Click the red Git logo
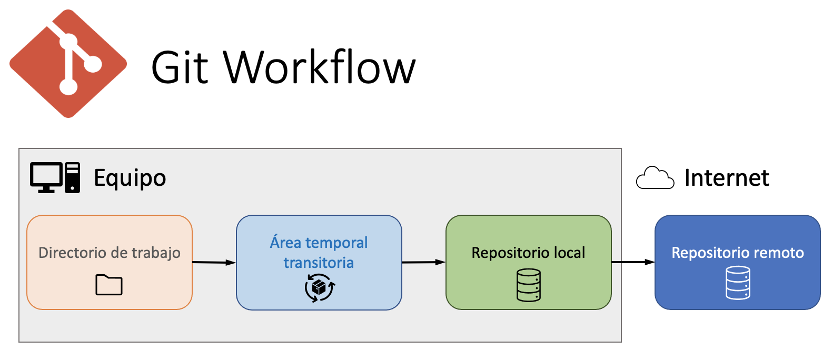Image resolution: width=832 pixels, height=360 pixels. [68, 64]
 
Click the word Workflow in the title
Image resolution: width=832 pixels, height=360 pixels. [320, 67]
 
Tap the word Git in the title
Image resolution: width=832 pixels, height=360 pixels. [180, 67]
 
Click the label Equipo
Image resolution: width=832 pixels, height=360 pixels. [130, 178]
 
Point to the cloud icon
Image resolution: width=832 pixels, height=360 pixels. [655, 178]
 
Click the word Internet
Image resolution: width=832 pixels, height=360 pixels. [726, 178]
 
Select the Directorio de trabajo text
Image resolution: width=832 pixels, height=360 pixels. [110, 253]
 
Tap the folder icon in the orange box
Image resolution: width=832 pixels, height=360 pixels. [109, 285]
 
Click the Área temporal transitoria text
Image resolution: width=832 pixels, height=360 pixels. [319, 252]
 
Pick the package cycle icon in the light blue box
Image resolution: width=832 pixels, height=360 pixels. [320, 288]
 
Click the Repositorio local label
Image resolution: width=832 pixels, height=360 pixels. [528, 253]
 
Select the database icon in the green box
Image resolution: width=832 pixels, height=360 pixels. [529, 285]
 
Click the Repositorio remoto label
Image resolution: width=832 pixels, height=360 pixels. [737, 253]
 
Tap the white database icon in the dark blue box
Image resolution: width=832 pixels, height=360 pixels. [738, 283]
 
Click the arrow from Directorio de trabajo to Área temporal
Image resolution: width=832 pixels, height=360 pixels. [214, 262]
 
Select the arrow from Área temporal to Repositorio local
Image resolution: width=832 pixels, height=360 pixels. [423, 262]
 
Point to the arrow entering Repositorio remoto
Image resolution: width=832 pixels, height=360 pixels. [633, 262]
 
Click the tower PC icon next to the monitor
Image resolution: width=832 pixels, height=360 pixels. [73, 177]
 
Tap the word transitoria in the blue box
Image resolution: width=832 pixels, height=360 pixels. [319, 263]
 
